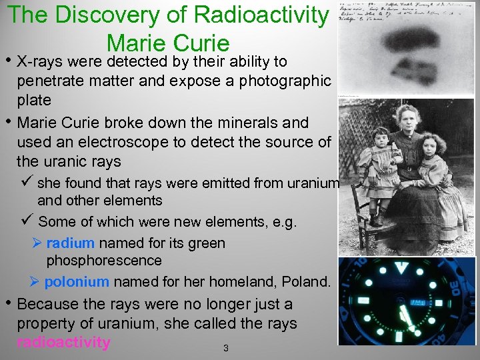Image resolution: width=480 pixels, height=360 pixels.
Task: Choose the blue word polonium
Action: click(76, 282)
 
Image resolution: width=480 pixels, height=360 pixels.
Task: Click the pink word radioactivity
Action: click(64, 343)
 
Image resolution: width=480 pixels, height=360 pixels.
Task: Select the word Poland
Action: click(305, 282)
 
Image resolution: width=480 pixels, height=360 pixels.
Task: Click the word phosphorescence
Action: click(104, 261)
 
